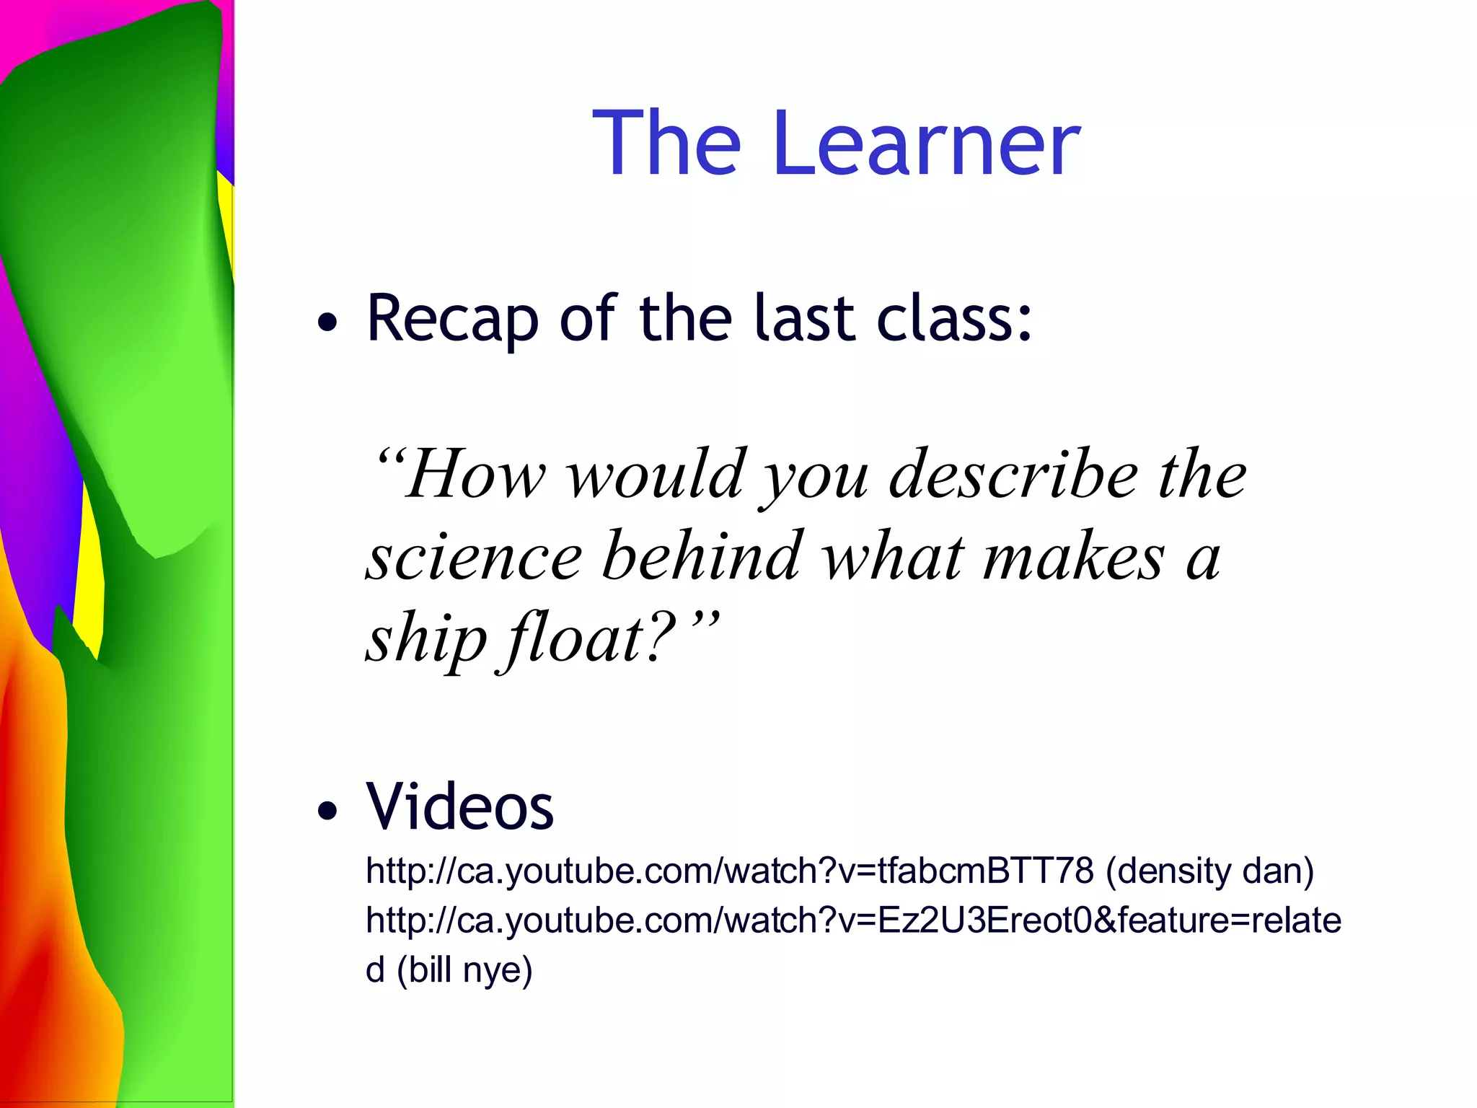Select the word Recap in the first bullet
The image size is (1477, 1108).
(452, 319)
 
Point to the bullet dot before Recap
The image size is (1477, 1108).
(327, 322)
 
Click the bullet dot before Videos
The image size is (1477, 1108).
(327, 811)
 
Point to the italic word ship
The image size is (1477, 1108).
(426, 639)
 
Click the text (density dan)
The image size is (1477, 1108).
(1209, 871)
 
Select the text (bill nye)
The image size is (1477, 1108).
(464, 970)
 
